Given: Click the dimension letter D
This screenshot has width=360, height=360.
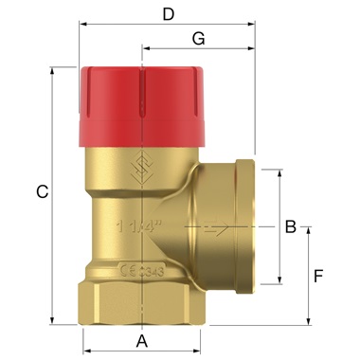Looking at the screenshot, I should pos(169,14).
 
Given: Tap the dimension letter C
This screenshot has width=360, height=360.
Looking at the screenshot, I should pos(41,192).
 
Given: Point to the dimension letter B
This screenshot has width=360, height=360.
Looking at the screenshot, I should pos(292,226).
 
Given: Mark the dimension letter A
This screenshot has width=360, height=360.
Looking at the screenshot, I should pos(142,340).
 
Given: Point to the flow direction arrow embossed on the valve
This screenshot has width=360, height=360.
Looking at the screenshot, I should pos(215,228).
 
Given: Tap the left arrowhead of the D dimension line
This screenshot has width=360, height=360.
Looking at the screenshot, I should pos(82,24).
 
